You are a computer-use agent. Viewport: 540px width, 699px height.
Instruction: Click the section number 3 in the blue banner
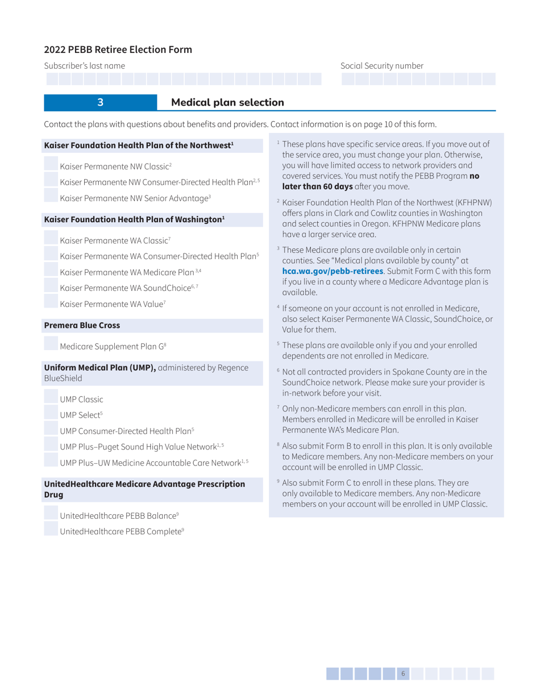pyautogui.click(x=100, y=102)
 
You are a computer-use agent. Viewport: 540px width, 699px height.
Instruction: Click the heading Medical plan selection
pyautogui.click(x=227, y=102)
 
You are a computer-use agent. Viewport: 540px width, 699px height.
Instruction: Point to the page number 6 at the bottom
pyautogui.click(x=403, y=673)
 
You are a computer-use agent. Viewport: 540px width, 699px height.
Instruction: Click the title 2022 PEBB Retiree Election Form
pyautogui.click(x=118, y=49)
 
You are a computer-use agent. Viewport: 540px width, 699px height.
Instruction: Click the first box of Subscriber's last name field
pyautogui.click(x=51, y=79)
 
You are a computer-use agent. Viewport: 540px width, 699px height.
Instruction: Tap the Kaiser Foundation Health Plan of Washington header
pyautogui.click(x=135, y=219)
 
